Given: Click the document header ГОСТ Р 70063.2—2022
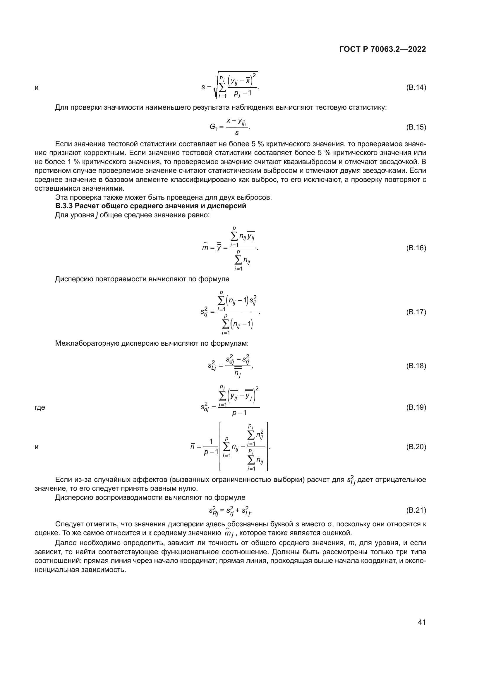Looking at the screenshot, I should point(382,49).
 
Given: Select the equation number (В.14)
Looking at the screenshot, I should point(416,88).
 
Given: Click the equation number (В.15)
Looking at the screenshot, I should point(416,127).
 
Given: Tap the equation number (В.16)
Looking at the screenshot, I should point(416,248).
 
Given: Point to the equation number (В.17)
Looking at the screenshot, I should point(416,312).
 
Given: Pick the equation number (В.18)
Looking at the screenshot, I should point(416,366).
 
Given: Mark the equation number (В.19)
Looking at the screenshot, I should point(416,407).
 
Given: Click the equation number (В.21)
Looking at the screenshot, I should point(416,510).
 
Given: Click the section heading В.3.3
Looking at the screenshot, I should point(150,206).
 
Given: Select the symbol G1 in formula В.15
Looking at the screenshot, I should point(213,128).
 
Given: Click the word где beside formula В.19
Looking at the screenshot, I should point(40,408).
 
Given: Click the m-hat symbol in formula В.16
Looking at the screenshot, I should point(205,247).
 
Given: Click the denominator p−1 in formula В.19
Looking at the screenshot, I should point(239,413).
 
